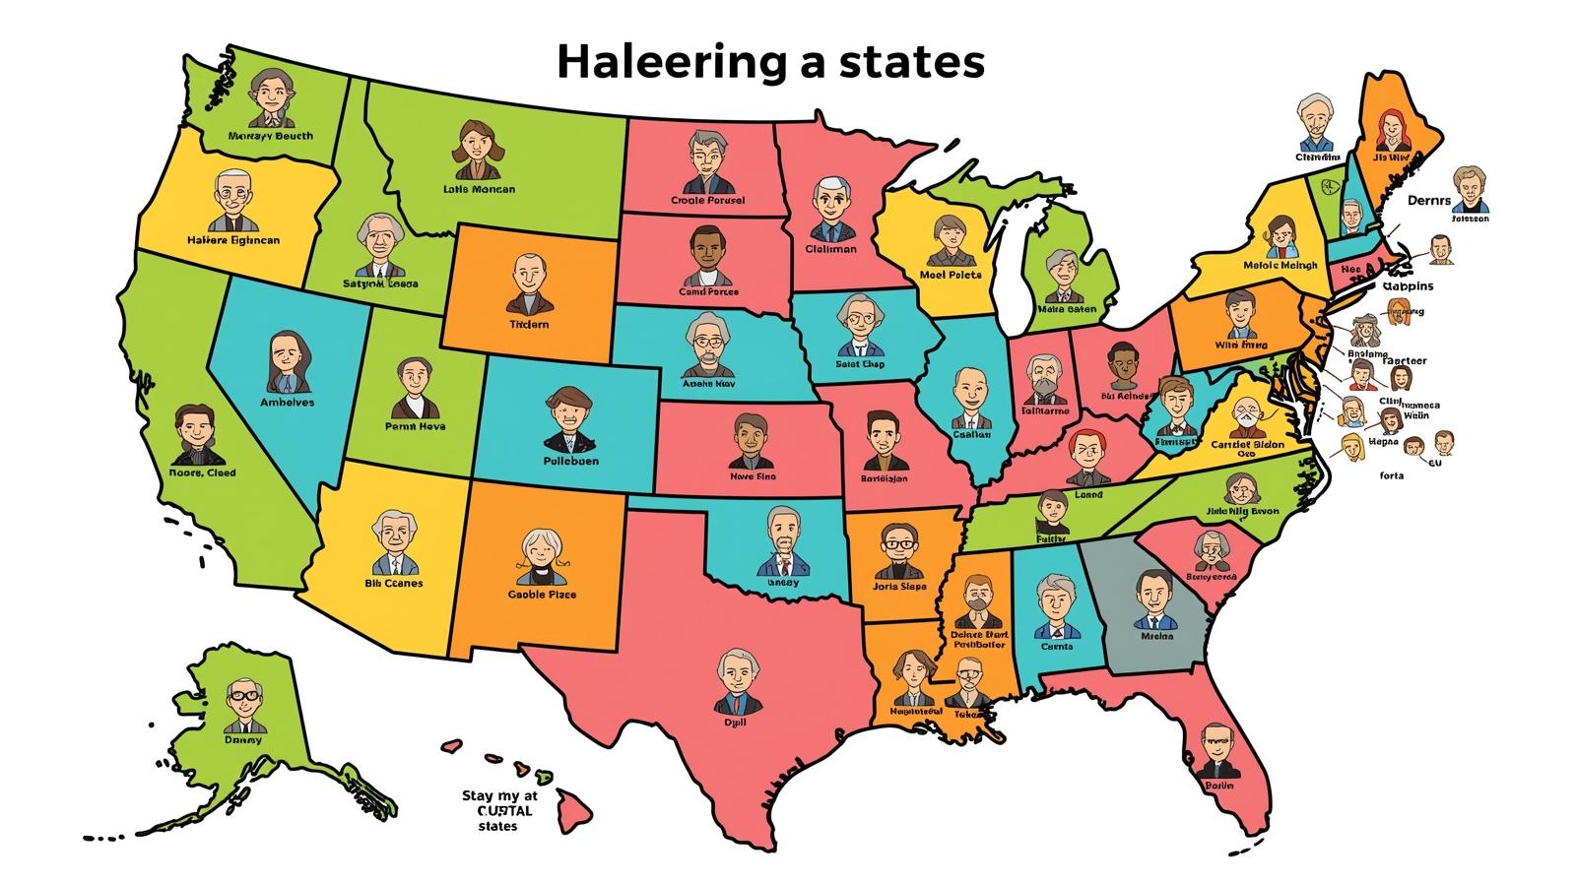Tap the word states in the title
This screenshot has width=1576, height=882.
coord(912,62)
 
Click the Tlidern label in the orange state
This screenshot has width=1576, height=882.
coord(529,324)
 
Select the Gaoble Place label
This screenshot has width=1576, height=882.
coord(542,595)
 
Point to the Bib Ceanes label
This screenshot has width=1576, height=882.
coord(394,583)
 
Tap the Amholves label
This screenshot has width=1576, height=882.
coord(287,402)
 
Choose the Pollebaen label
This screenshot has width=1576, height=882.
coord(570,460)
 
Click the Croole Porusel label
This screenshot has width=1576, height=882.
coord(707,200)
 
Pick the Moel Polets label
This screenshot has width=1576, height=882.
coord(951,275)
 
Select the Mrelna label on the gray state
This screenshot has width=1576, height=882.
coord(1156,636)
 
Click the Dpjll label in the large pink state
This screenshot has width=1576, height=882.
coord(735,722)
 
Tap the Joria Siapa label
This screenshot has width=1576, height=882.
coord(899,587)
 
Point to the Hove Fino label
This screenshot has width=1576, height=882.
coord(753,475)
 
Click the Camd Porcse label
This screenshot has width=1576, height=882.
coord(708,291)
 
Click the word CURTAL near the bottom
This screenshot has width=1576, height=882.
coord(496,811)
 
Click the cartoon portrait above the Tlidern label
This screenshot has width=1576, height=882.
coord(528,279)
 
